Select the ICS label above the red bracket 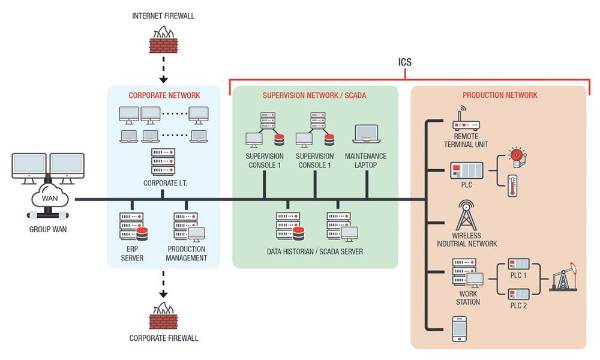click(405, 62)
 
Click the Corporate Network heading click(164, 95)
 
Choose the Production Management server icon click(186, 227)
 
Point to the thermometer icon click(512, 185)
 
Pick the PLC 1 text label click(518, 275)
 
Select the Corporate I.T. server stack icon click(163, 161)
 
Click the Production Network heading click(500, 95)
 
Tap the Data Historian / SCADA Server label click(314, 251)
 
